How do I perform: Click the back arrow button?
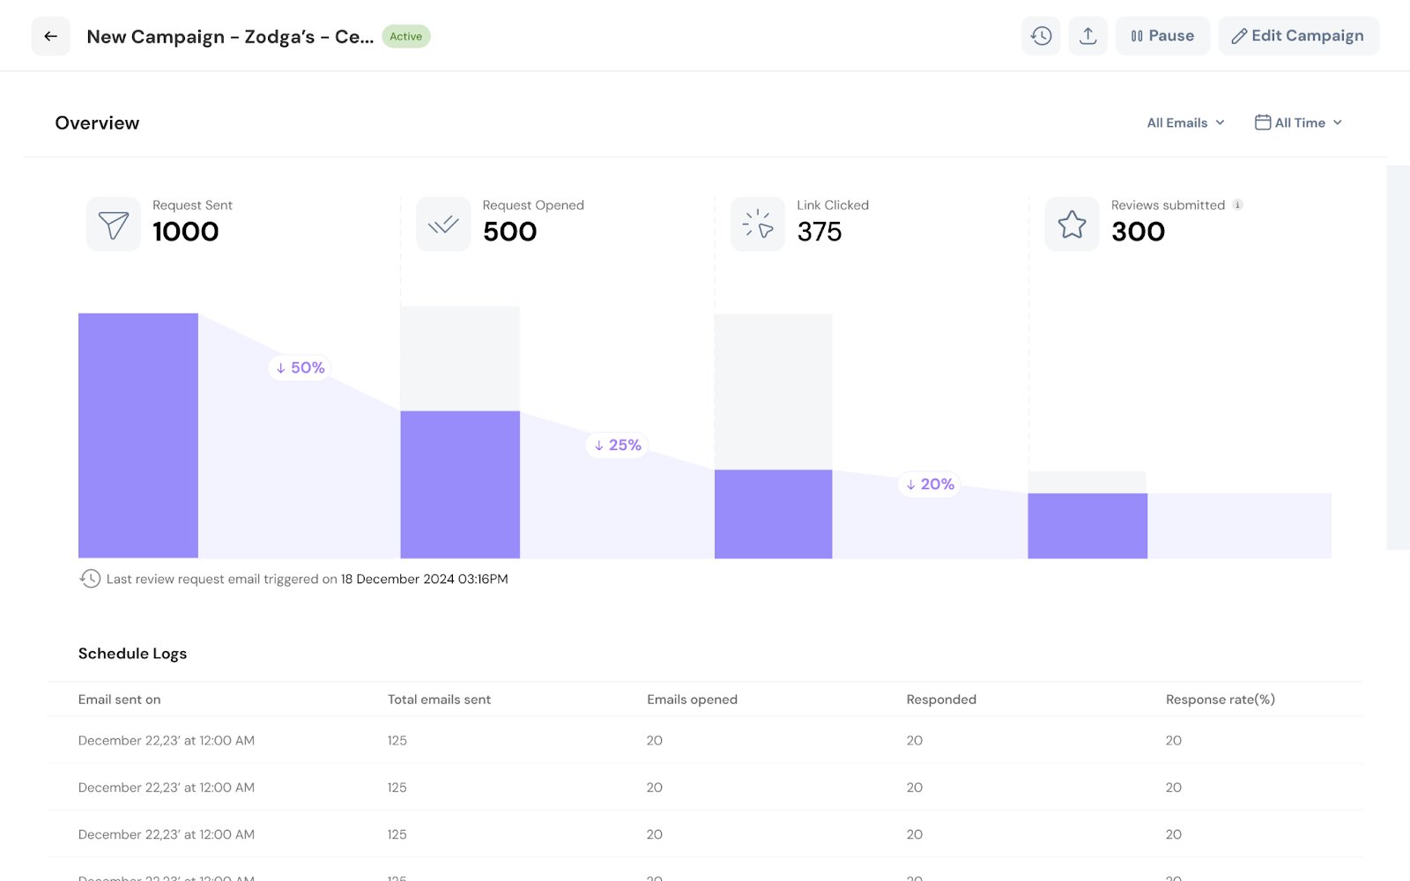tap(51, 36)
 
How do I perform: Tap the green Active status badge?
tap(405, 36)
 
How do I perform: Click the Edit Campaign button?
tap(1298, 36)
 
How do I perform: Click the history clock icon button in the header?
tap(1041, 36)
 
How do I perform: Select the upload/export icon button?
tap(1087, 36)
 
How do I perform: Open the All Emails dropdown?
tap(1185, 122)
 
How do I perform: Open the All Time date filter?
tap(1298, 122)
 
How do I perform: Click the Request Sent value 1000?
tap(185, 232)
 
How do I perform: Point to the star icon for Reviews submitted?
tap(1072, 225)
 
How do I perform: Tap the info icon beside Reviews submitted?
tap(1237, 205)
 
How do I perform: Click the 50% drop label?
tap(300, 367)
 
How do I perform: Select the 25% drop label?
tap(617, 445)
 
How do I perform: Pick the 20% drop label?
tap(930, 485)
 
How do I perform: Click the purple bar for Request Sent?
tap(138, 435)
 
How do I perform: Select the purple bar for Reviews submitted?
tap(1087, 526)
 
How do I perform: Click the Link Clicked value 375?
tap(819, 232)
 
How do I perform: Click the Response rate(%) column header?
tap(1220, 700)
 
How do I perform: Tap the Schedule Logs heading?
tap(132, 654)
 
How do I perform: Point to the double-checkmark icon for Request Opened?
tap(443, 225)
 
